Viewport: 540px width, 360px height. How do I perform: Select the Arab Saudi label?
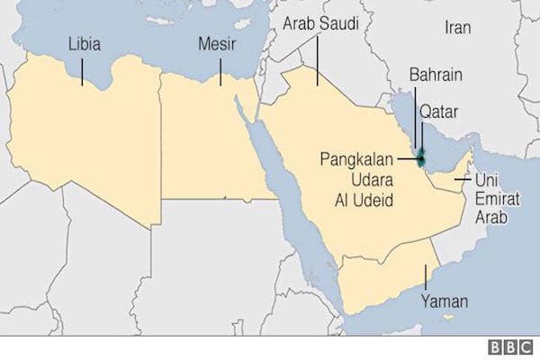tap(319, 25)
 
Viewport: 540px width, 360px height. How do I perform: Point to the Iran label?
tap(457, 27)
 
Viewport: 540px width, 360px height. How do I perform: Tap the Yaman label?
tap(439, 303)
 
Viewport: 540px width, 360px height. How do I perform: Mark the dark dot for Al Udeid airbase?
tap(421, 160)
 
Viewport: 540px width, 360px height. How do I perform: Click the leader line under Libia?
tap(82, 70)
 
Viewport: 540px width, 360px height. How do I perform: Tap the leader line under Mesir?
tap(220, 70)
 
